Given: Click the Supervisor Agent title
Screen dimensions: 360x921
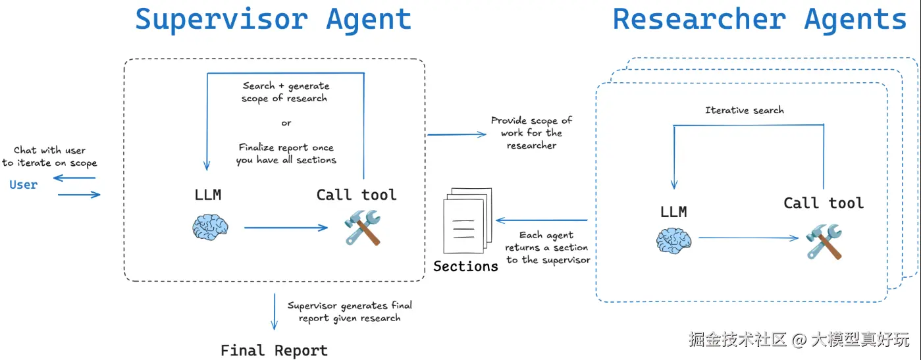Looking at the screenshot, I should click(x=273, y=20).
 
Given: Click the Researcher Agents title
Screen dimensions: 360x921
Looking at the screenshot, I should click(x=759, y=20).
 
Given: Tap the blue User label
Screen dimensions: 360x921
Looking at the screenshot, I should click(x=24, y=185).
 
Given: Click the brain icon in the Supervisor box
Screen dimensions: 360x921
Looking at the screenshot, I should click(x=211, y=227).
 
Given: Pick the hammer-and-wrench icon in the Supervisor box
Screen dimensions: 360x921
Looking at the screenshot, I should click(x=362, y=227).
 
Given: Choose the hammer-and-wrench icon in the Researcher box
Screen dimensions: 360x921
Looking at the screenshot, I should click(x=824, y=241).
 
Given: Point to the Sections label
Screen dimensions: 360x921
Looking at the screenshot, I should click(x=465, y=267).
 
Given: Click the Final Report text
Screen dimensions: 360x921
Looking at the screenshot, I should click(x=274, y=350).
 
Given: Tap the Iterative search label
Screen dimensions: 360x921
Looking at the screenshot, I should click(x=745, y=110).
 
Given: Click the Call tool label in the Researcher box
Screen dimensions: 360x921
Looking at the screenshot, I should click(x=824, y=203).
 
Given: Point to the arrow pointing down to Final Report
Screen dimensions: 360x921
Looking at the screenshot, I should click(x=274, y=312).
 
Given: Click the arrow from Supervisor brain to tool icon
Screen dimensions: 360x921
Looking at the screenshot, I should click(x=286, y=228).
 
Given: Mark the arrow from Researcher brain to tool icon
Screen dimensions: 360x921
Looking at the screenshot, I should click(x=749, y=238).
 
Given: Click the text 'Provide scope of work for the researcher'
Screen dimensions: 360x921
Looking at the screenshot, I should click(x=531, y=133).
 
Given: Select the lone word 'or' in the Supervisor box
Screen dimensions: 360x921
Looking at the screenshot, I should click(x=286, y=123).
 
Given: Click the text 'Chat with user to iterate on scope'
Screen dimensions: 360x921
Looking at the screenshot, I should click(x=49, y=157).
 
